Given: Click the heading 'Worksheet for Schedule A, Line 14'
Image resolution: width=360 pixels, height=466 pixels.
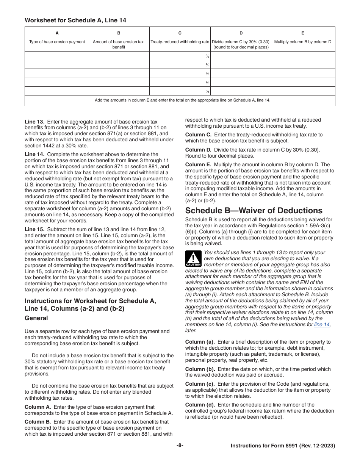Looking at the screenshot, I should (75, 20).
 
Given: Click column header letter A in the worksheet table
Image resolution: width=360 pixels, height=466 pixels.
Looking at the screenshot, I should (57, 33).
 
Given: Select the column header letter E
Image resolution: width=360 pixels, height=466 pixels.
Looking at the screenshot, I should (303, 33).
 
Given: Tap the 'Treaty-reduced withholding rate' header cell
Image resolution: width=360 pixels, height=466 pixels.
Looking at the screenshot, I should (180, 42).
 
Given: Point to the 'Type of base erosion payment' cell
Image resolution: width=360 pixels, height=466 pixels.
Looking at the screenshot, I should (57, 42).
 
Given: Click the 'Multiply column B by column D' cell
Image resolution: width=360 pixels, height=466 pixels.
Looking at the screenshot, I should (303, 42).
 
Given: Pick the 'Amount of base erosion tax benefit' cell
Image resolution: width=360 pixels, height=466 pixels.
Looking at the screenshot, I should (118, 44).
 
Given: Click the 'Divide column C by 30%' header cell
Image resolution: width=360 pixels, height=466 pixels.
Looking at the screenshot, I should (241, 44).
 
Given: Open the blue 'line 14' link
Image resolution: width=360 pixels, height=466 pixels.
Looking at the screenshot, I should (322, 325).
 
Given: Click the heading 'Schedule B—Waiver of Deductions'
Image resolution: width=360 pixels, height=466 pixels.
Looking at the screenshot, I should (254, 211).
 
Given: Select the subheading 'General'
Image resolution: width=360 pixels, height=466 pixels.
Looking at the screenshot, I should (36, 318).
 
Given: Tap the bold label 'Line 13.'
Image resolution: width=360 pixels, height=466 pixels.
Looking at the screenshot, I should (35, 122).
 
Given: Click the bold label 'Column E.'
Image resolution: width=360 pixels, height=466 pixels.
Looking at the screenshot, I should (198, 164).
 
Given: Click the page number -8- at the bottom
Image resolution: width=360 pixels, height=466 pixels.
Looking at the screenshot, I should (180, 446).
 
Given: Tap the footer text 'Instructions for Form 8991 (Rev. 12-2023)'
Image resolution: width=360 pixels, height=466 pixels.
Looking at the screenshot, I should (283, 446).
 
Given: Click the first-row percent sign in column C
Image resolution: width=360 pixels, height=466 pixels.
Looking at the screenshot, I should (207, 56).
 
